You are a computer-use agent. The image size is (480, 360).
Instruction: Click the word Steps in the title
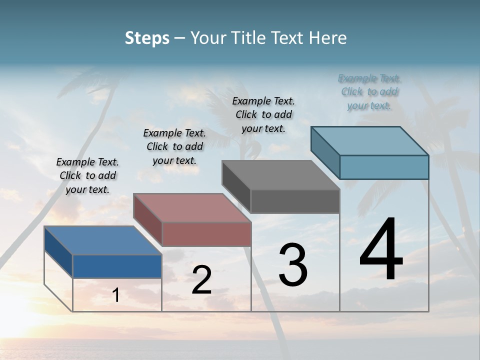[x=147, y=38]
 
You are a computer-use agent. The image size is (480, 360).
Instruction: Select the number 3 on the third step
[x=292, y=265]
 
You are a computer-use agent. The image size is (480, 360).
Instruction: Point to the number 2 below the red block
[x=201, y=280]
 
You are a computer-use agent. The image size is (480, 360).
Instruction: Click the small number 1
[x=116, y=295]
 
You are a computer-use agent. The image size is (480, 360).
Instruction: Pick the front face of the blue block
[x=117, y=266]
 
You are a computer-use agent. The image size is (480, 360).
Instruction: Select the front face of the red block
[x=206, y=233]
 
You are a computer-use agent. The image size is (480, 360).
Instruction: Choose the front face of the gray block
[x=295, y=201]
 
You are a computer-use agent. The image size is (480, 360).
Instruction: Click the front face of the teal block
[x=384, y=167]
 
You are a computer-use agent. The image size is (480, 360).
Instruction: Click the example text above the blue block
[x=87, y=175]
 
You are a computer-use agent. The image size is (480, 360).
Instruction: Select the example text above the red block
[x=174, y=146]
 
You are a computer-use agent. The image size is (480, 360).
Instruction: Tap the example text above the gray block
[x=263, y=114]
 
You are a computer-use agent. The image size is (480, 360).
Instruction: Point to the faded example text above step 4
[x=369, y=92]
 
